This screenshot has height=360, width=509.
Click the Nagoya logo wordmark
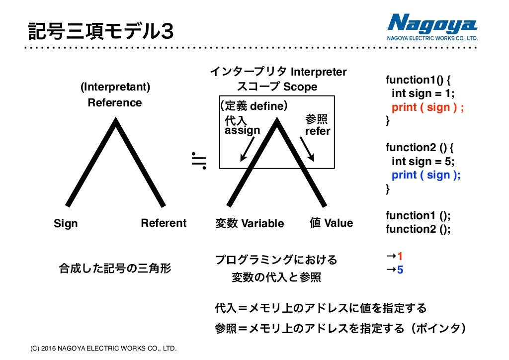tap(432, 23)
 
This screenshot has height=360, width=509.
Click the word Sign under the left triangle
tap(66, 224)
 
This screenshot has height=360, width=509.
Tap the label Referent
tap(164, 223)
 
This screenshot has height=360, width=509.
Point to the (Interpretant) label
tap(115, 87)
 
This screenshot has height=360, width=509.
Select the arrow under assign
tap(247, 149)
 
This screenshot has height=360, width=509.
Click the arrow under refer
tap(307, 149)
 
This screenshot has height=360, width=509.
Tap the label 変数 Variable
tap(250, 223)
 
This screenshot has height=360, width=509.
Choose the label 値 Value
tap(331, 223)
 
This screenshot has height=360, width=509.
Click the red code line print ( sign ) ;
tap(427, 107)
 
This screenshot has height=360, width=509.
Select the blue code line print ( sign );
tap(426, 175)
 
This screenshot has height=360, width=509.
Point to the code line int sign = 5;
tap(423, 161)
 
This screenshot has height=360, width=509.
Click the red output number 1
tap(400, 257)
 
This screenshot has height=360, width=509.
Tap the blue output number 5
tap(400, 270)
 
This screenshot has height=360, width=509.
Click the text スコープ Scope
tap(277, 87)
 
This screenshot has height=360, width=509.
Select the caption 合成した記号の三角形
tap(115, 269)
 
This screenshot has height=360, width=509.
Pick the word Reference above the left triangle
tap(115, 103)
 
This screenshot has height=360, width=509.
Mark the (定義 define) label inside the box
tap(254, 106)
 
